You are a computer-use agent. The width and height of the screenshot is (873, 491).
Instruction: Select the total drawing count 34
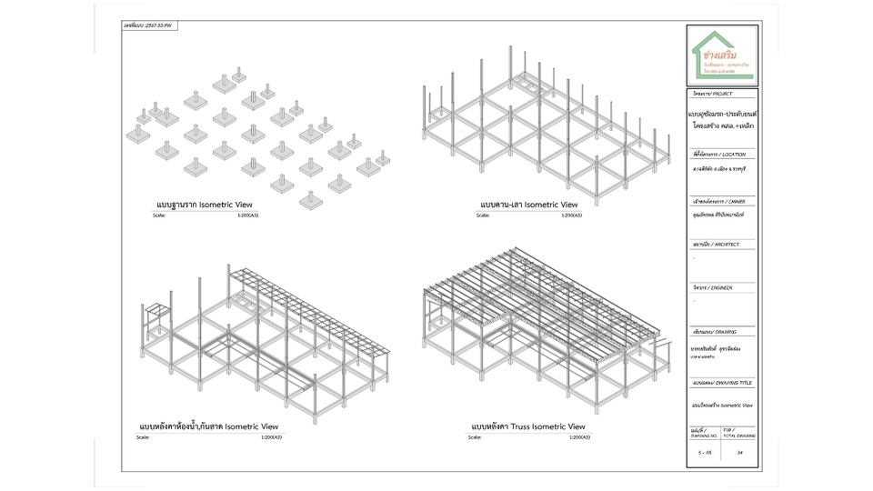(x=741, y=450)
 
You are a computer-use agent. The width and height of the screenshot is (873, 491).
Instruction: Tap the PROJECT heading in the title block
(x=712, y=94)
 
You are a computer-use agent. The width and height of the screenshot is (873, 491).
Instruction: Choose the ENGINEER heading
(x=713, y=287)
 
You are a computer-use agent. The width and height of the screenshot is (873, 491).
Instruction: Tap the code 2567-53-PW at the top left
(x=149, y=25)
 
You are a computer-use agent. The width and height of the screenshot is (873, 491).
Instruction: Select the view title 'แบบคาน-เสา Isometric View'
(x=523, y=205)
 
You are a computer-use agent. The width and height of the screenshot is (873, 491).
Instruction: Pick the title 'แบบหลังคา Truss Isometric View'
(x=527, y=426)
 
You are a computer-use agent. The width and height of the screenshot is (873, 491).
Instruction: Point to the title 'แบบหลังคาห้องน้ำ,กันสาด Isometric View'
(x=209, y=426)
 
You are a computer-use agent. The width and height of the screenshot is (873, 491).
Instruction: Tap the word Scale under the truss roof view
(x=475, y=437)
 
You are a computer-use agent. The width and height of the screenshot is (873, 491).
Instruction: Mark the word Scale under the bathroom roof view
(x=144, y=437)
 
